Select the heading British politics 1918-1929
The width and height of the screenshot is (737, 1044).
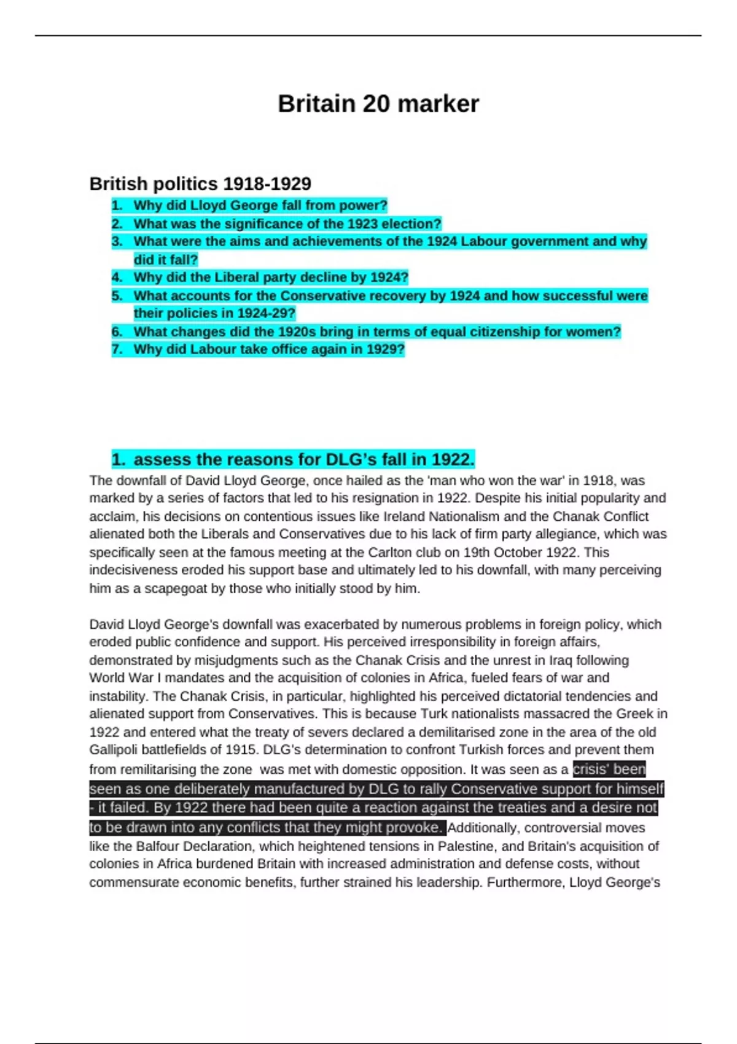point(200,184)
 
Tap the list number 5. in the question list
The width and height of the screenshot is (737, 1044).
point(117,296)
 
